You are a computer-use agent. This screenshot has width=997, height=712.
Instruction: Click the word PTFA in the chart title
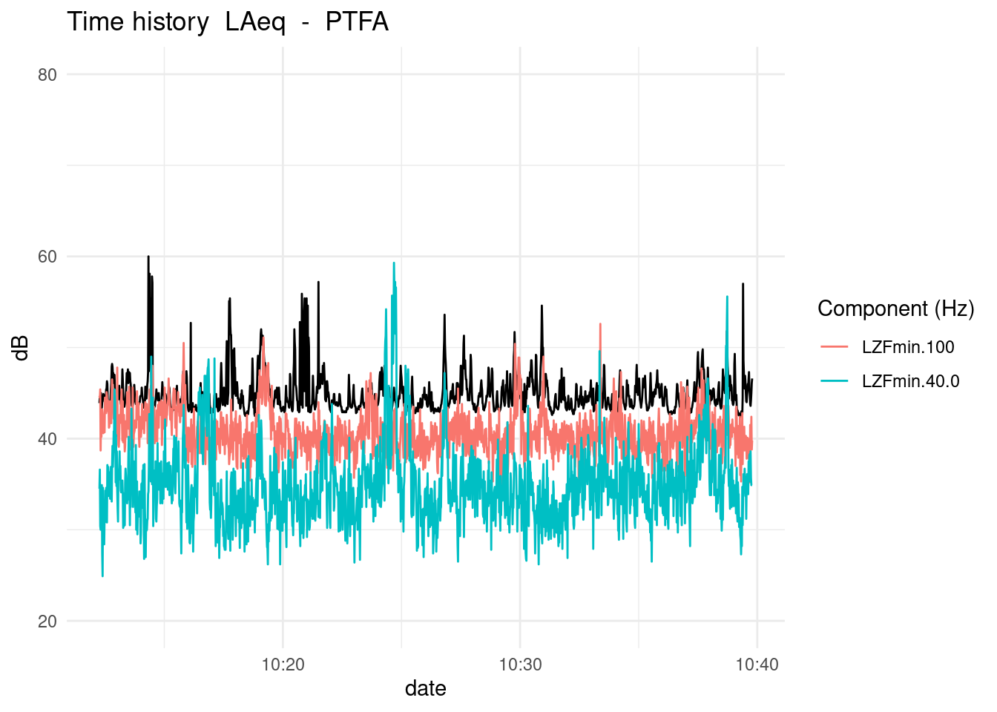coord(357,22)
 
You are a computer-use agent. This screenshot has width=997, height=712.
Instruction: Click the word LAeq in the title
coord(255,22)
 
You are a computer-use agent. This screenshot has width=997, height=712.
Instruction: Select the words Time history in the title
coord(138,22)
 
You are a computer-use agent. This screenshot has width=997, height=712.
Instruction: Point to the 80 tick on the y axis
coord(47,75)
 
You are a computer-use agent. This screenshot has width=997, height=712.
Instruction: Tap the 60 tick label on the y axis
coord(47,257)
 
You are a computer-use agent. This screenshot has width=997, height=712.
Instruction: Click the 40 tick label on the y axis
coord(47,439)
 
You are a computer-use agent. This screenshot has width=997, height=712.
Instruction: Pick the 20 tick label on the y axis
coord(47,622)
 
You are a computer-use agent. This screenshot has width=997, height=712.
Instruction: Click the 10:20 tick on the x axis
coord(283,665)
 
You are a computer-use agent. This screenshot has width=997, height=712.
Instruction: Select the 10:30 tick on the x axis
coord(520,665)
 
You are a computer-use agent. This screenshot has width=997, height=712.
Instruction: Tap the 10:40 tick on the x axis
coord(757,665)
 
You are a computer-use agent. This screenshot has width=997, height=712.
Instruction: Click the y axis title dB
coord(22,348)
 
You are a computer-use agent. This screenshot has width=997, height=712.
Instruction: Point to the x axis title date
coord(425,689)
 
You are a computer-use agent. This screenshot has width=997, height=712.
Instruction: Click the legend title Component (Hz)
coord(895,309)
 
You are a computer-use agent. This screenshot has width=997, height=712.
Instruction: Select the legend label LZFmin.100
coord(908,347)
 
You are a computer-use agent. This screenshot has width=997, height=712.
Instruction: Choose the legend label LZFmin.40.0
coord(910,381)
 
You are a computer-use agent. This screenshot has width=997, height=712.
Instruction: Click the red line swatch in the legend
coord(835,347)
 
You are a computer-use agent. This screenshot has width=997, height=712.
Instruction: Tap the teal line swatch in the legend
coord(835,381)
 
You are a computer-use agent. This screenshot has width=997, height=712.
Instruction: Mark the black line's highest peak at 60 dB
coord(148,257)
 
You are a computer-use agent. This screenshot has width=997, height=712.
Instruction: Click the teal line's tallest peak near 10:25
coord(394,263)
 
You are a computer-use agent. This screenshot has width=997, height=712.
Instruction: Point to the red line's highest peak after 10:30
coord(600,325)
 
